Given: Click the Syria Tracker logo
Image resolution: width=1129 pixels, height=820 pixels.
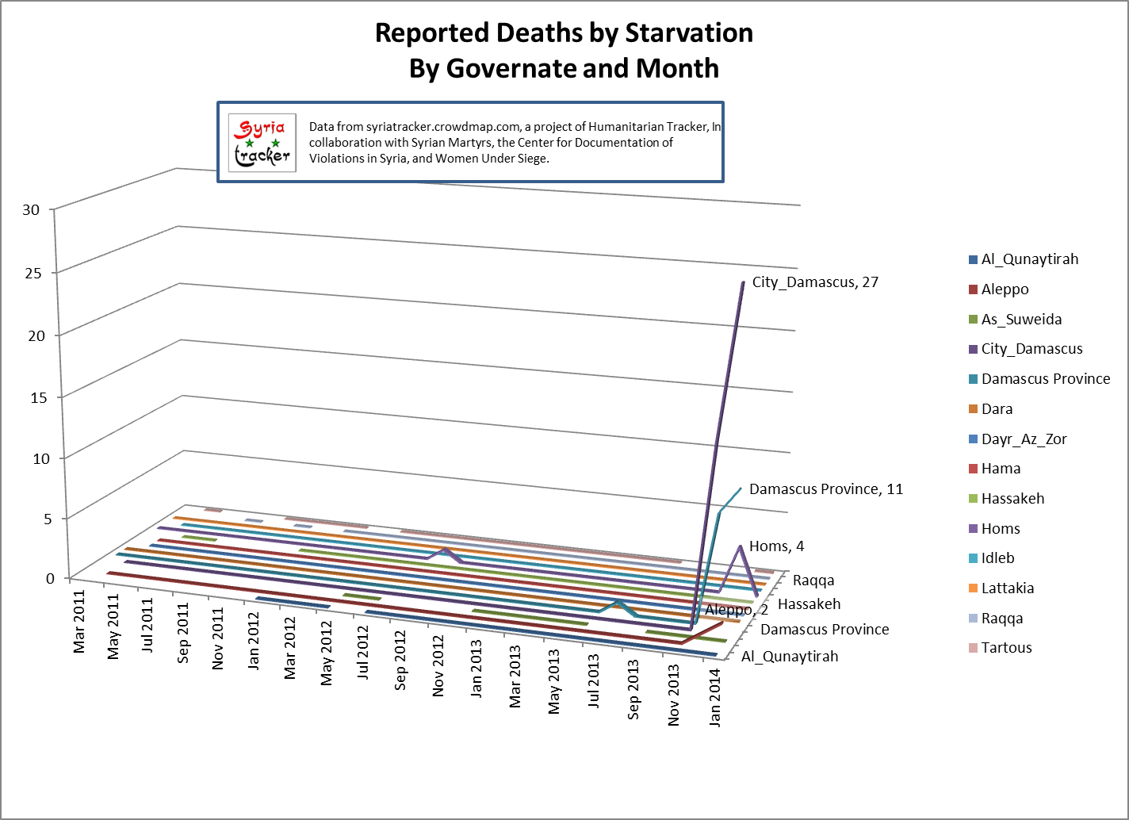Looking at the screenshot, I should (x=262, y=143).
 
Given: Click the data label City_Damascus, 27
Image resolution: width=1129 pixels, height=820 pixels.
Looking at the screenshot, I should (x=815, y=282).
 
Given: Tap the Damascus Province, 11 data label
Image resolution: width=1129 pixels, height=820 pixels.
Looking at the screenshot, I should (x=825, y=489).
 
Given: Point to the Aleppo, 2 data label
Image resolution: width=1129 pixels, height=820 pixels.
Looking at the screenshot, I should (x=737, y=610).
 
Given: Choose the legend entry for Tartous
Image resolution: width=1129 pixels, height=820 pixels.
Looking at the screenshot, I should (x=1006, y=648).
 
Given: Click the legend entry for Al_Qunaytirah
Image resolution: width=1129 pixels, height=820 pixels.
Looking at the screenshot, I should (x=1029, y=259).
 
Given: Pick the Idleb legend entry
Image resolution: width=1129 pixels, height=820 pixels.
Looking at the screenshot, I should (x=997, y=558).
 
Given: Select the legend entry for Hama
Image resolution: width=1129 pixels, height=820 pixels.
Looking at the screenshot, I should (x=1001, y=469).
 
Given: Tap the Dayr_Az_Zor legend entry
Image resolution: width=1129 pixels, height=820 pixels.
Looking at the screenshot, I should (x=1024, y=439).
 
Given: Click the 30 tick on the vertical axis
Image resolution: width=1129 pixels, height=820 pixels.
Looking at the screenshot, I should (x=32, y=210).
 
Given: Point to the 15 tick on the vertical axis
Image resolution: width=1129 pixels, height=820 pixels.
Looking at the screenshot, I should (x=32, y=397).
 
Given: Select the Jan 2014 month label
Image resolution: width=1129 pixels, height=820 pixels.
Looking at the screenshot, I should (x=716, y=698).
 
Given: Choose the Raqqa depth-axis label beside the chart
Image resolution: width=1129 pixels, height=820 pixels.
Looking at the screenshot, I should (x=813, y=581).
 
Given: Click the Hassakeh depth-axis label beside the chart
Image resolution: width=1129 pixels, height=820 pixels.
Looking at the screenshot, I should (x=809, y=604).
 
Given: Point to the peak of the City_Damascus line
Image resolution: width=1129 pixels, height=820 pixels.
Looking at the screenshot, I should (x=744, y=282).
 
